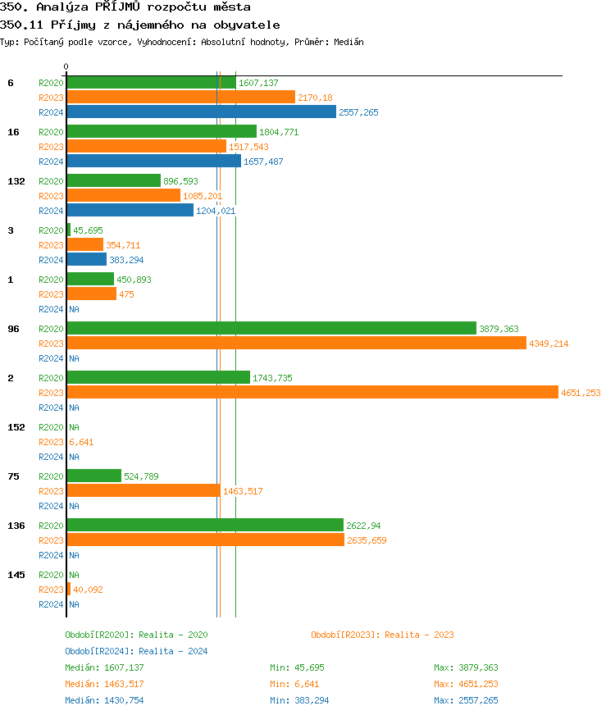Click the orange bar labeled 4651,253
click(x=312, y=393)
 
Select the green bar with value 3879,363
click(x=271, y=328)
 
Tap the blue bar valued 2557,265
click(x=201, y=112)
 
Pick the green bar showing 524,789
click(x=93, y=476)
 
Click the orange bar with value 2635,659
click(x=205, y=540)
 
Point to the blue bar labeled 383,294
click(x=86, y=260)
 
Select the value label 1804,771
click(x=279, y=132)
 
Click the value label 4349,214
click(x=549, y=344)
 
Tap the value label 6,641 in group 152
click(x=81, y=442)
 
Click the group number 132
click(x=16, y=181)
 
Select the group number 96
click(x=13, y=329)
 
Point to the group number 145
click(x=16, y=575)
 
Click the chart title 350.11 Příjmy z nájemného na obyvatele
click(x=139, y=25)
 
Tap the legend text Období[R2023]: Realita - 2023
click(x=382, y=635)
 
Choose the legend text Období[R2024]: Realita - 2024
click(x=136, y=651)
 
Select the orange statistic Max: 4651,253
click(x=466, y=684)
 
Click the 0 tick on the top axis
click(x=66, y=66)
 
